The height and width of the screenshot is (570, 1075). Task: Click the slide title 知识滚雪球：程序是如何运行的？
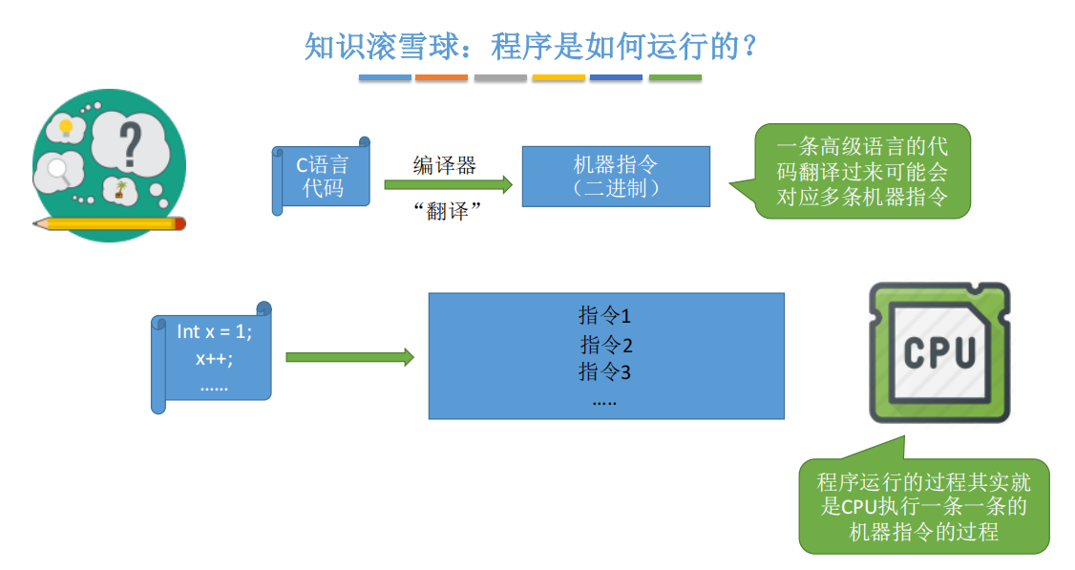[x=531, y=44]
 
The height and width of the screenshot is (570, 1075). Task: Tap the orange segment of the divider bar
[x=442, y=77]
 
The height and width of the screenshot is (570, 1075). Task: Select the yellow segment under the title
[x=558, y=77]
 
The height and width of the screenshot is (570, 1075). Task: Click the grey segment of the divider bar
[x=500, y=77]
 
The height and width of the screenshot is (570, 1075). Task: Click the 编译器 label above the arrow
[x=444, y=165]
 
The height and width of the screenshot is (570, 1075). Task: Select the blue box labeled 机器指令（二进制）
[x=616, y=177]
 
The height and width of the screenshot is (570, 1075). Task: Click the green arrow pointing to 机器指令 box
[x=449, y=186]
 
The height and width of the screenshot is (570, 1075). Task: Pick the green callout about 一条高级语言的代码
[x=861, y=172]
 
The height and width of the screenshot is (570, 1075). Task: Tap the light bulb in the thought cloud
[x=66, y=127]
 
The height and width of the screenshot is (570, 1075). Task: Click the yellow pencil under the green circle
[x=110, y=224]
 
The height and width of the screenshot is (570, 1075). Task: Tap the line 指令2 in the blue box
[x=606, y=345]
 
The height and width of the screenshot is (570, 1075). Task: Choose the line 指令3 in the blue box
[x=605, y=372]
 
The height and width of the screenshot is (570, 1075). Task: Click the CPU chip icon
[x=939, y=353]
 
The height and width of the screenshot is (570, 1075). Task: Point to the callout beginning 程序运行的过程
[x=923, y=506]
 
